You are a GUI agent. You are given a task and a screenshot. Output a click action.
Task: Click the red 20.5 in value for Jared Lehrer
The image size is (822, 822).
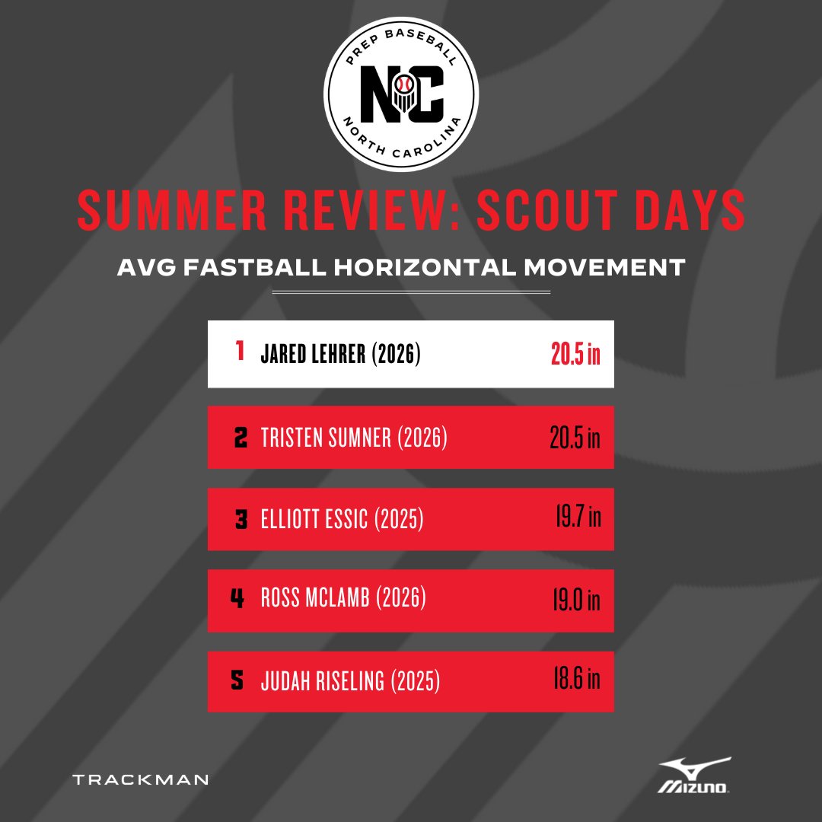click(575, 355)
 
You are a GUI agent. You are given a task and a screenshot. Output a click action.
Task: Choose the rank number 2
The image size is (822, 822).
click(240, 438)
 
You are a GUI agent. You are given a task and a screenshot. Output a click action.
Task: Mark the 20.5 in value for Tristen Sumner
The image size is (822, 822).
click(575, 438)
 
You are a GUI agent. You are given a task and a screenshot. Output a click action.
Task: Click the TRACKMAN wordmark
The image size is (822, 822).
click(140, 779)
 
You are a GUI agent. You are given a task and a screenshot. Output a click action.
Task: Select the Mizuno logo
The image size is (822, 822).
click(695, 776)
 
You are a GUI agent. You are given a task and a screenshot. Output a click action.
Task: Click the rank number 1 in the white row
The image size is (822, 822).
click(240, 352)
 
